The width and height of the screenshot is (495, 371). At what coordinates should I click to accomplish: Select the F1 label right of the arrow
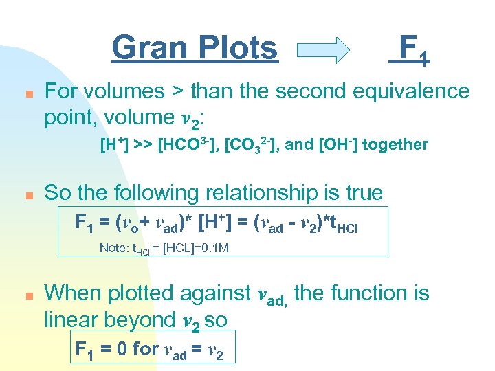(x=410, y=49)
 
